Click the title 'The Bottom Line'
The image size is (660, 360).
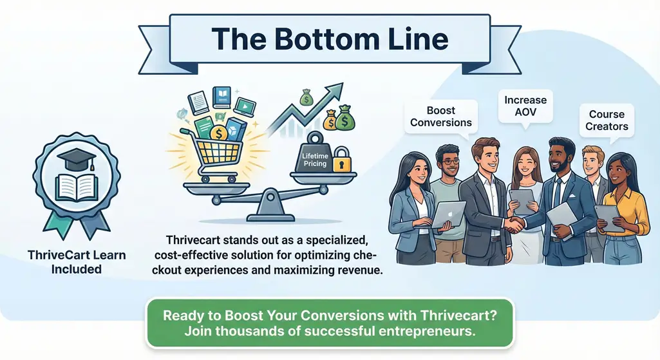click(329, 39)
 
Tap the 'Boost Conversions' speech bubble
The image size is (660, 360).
click(441, 117)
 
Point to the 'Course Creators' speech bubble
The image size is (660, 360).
click(607, 120)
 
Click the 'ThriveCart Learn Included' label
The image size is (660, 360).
click(77, 262)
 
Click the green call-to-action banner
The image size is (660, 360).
click(329, 324)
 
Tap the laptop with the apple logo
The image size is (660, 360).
click(448, 214)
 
